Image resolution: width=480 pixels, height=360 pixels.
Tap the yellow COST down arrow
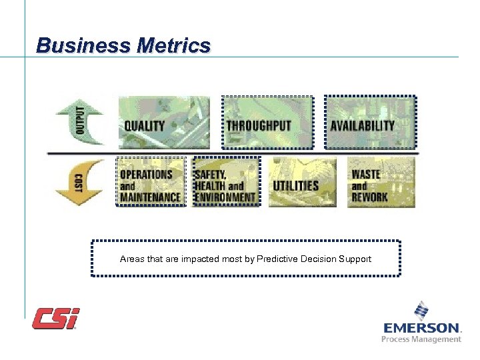[79, 181]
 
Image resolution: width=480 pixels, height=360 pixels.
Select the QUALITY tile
[163, 122]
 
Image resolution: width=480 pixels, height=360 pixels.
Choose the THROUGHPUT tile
[267, 122]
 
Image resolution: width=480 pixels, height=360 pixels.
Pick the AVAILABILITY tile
[370, 122]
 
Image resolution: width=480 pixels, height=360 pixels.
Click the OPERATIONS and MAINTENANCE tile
[151, 182]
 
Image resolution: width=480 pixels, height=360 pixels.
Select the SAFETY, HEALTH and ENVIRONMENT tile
[225, 182]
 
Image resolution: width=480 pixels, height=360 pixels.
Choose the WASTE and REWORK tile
[381, 182]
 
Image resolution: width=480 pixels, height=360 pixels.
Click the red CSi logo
[56, 318]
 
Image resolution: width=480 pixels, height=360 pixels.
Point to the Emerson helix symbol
[421, 311]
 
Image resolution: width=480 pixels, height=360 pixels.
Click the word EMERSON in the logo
[421, 328]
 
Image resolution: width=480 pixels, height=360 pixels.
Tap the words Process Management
[421, 339]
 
